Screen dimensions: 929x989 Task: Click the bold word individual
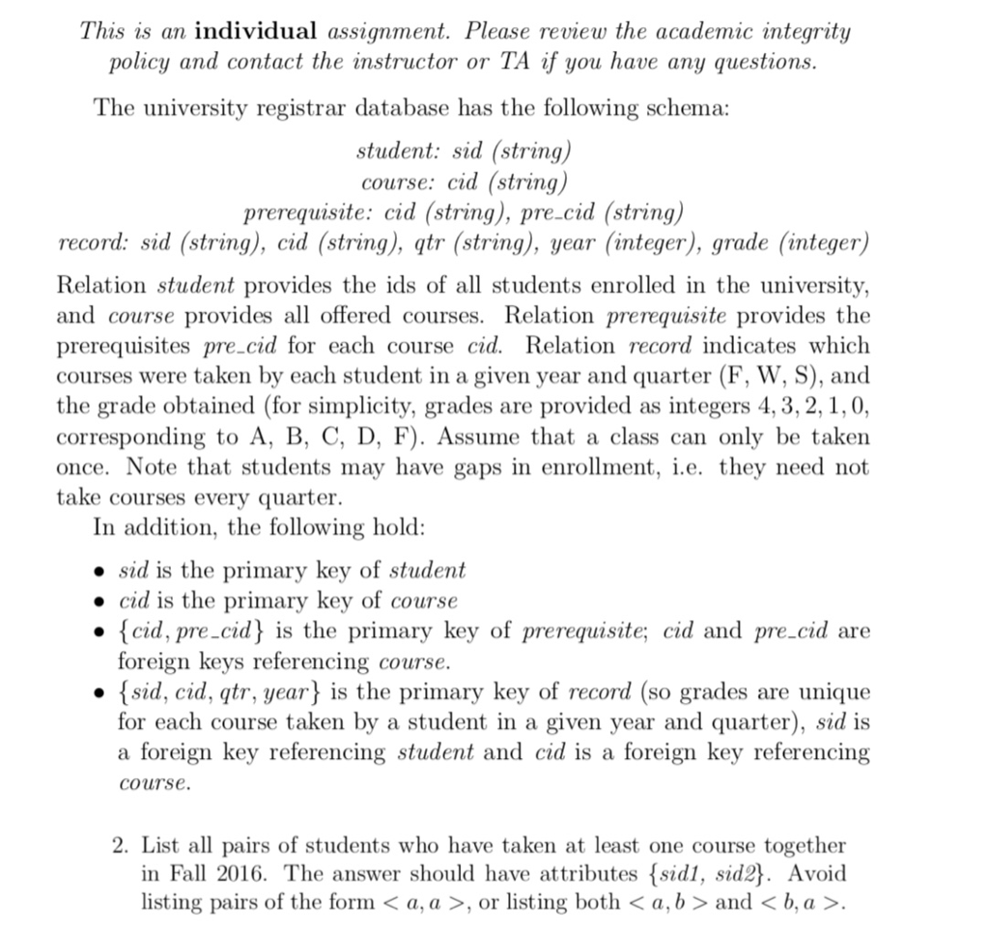tap(255, 31)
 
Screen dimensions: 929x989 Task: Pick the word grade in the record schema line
tap(743, 241)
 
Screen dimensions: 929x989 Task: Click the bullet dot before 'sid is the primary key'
tap(99, 571)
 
